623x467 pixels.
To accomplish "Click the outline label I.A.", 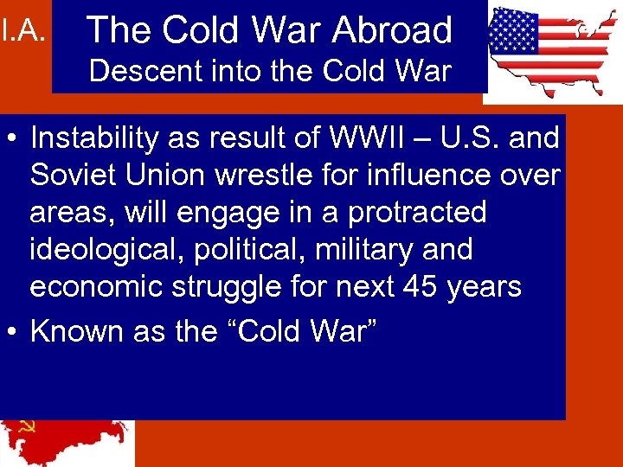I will coord(22,32).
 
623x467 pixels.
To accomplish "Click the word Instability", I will coord(96,138).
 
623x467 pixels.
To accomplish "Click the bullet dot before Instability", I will coord(12,138).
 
